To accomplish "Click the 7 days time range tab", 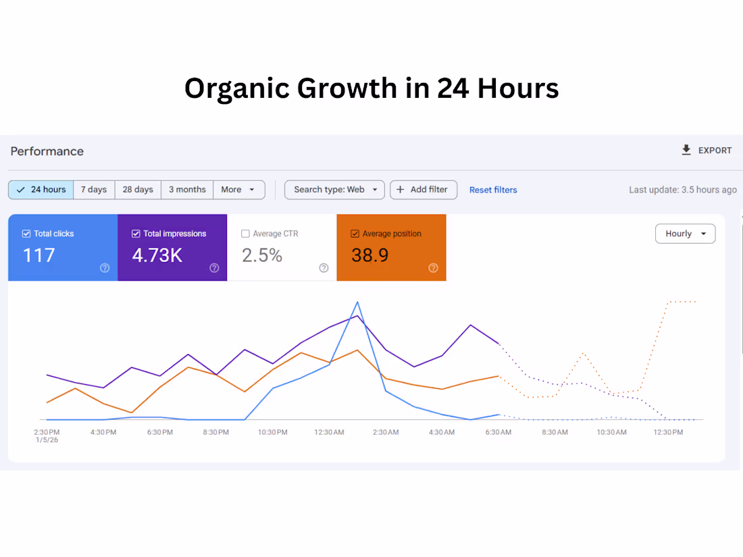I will pyautogui.click(x=94, y=190).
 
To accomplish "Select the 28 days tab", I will pyautogui.click(x=138, y=190).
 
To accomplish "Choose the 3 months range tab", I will pyautogui.click(x=187, y=190).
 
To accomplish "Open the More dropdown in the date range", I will pyautogui.click(x=238, y=190).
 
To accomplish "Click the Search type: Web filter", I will pyautogui.click(x=334, y=190).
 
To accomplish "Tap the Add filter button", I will pyautogui.click(x=424, y=190).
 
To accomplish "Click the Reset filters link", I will pyautogui.click(x=493, y=190).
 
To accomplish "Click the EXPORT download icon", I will pyautogui.click(x=686, y=150).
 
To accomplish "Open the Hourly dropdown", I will pyautogui.click(x=685, y=234).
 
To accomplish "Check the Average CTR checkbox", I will pyautogui.click(x=245, y=234).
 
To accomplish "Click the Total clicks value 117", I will pyautogui.click(x=39, y=256).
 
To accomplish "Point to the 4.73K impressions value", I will pyautogui.click(x=157, y=256).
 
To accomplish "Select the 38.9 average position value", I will pyautogui.click(x=369, y=256).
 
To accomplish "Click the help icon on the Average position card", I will pyautogui.click(x=433, y=268).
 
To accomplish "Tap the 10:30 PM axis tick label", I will pyautogui.click(x=272, y=432).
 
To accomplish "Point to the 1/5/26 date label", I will pyautogui.click(x=46, y=440).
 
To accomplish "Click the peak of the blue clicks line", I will pyautogui.click(x=357, y=302).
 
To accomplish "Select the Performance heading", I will pyautogui.click(x=47, y=151).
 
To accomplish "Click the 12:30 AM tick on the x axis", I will pyautogui.click(x=329, y=432).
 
